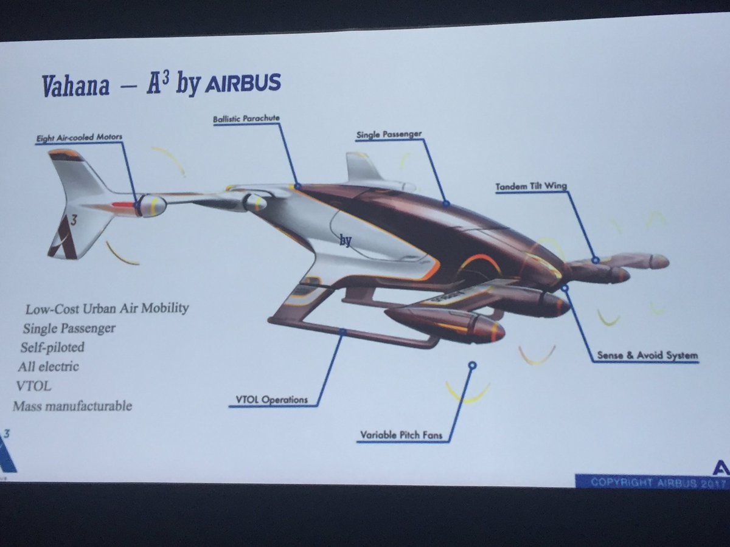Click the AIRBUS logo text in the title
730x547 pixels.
[x=242, y=83]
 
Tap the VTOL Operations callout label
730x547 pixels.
[x=271, y=399]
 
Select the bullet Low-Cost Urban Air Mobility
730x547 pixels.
[x=107, y=308]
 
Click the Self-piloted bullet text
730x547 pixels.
[x=52, y=348]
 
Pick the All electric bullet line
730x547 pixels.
[x=49, y=366]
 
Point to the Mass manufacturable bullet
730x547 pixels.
[x=72, y=405]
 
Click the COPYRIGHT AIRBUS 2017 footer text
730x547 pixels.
[x=652, y=481]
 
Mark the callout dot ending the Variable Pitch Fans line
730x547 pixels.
[x=472, y=365]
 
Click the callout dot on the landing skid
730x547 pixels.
[x=342, y=332]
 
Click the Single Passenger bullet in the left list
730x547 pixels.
[x=69, y=329]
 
